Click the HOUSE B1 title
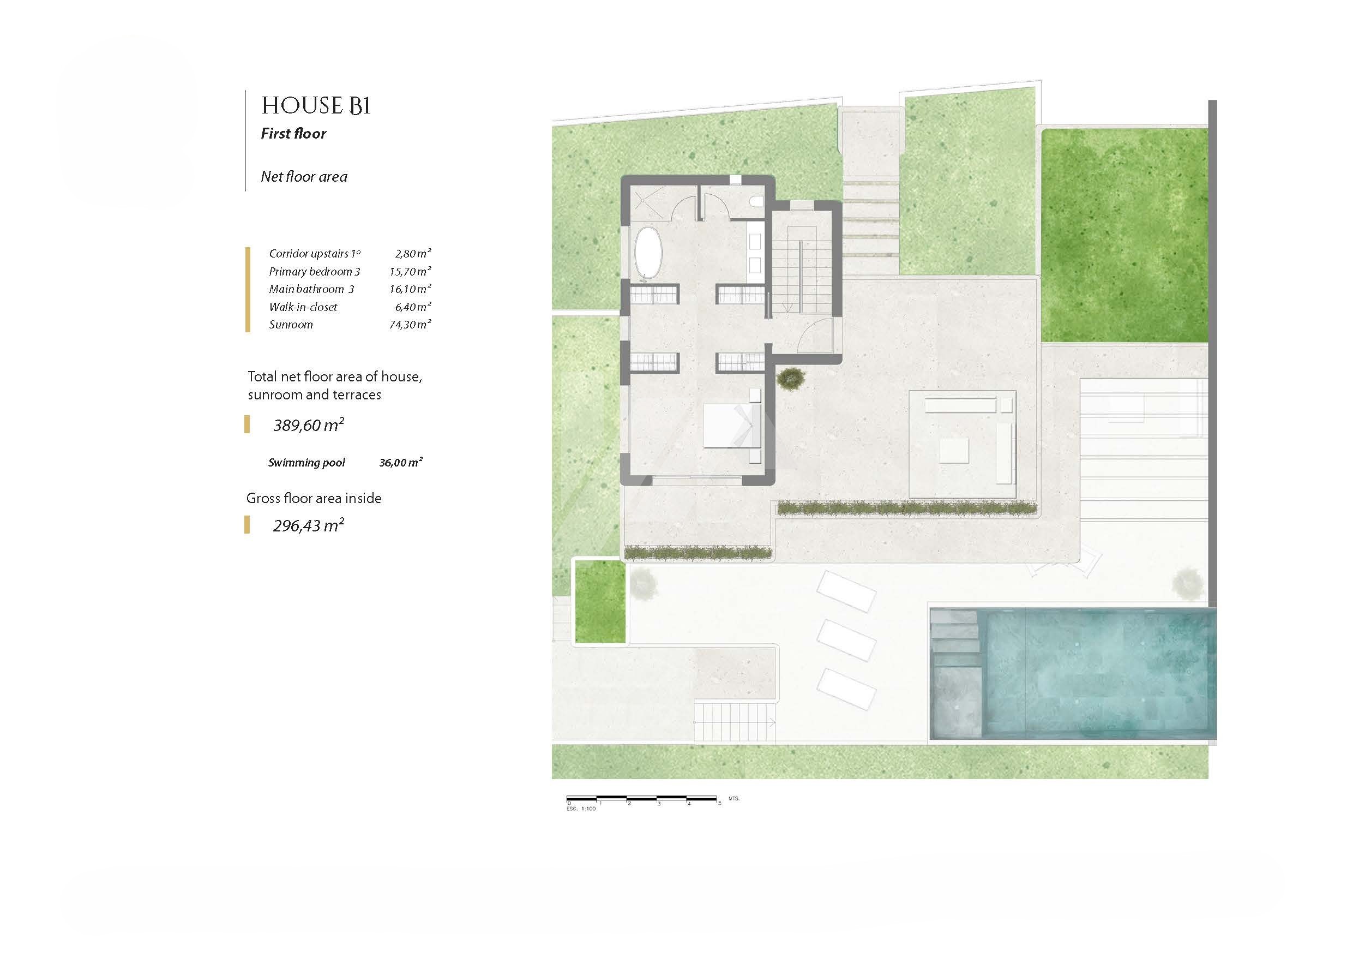coord(316,106)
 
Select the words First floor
coord(293,134)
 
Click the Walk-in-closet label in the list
coord(303,307)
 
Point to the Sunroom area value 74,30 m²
coord(410,324)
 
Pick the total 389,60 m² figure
coord(309,424)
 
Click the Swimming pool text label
coord(306,463)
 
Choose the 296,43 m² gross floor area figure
coord(309,525)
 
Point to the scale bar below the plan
coord(642,801)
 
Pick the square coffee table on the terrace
coord(955,451)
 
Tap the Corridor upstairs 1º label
coord(315,254)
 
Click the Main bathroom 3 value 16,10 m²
coord(410,289)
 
